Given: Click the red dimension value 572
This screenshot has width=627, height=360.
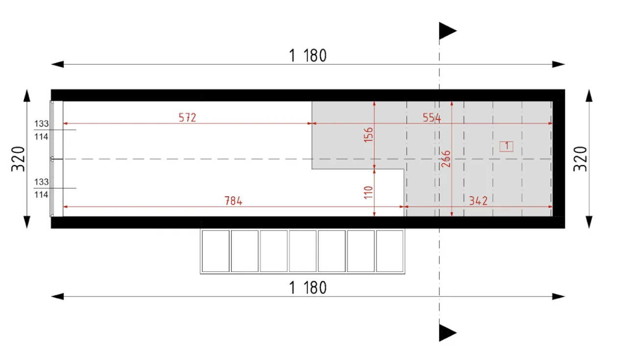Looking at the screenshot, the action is click(187, 118).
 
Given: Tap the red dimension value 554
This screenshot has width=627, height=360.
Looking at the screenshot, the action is click(432, 118).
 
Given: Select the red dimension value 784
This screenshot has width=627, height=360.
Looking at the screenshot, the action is click(233, 201).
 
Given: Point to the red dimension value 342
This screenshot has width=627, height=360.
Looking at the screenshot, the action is click(478, 201).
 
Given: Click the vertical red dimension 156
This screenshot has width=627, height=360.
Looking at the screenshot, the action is click(369, 135).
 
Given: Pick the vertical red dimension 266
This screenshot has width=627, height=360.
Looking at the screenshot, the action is click(446, 159).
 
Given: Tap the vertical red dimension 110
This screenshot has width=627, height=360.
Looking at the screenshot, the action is click(369, 192).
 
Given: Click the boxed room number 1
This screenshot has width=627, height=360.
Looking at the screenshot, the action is click(506, 146).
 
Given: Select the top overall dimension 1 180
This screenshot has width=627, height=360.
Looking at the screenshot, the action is click(308, 55).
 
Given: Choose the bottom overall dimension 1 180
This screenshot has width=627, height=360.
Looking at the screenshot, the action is click(308, 288).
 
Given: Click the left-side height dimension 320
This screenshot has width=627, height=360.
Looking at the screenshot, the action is click(18, 159).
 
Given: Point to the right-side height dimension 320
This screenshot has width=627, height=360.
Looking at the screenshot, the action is click(580, 159).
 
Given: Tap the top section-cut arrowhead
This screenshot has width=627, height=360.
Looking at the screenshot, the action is click(447, 30).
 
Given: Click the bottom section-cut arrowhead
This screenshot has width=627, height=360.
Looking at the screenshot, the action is click(447, 333).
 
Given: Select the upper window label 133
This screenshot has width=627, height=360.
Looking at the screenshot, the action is click(42, 124).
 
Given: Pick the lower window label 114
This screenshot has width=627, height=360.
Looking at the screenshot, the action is click(42, 194).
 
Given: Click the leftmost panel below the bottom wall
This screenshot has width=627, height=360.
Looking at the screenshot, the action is click(216, 251).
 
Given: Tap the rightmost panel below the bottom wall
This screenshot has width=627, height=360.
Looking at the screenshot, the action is click(389, 251).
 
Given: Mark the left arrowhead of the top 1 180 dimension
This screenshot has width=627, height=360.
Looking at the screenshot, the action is click(57, 64).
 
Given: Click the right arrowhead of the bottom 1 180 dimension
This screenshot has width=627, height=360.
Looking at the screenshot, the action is click(558, 296).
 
